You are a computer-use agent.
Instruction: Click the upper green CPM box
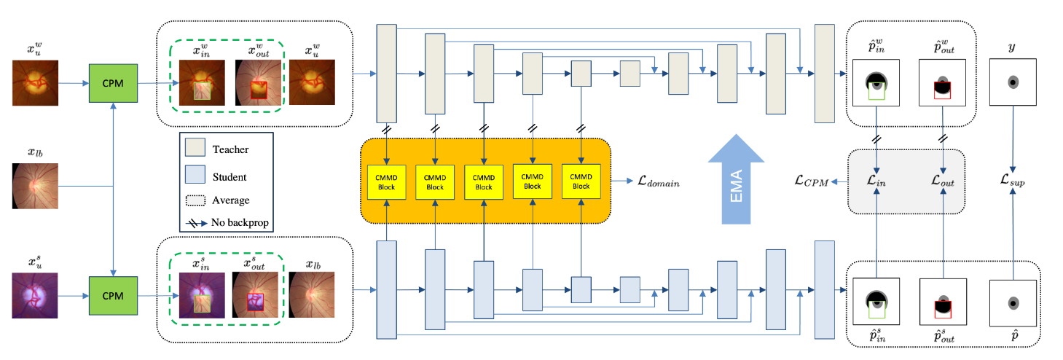113,83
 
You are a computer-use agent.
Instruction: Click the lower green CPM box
113,296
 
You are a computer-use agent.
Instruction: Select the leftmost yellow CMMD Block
386,181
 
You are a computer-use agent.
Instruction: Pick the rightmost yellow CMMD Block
581,181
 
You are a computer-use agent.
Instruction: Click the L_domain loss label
654,182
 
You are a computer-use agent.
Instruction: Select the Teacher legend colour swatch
196,149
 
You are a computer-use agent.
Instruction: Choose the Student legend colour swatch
196,177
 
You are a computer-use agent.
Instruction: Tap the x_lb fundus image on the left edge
34,186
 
